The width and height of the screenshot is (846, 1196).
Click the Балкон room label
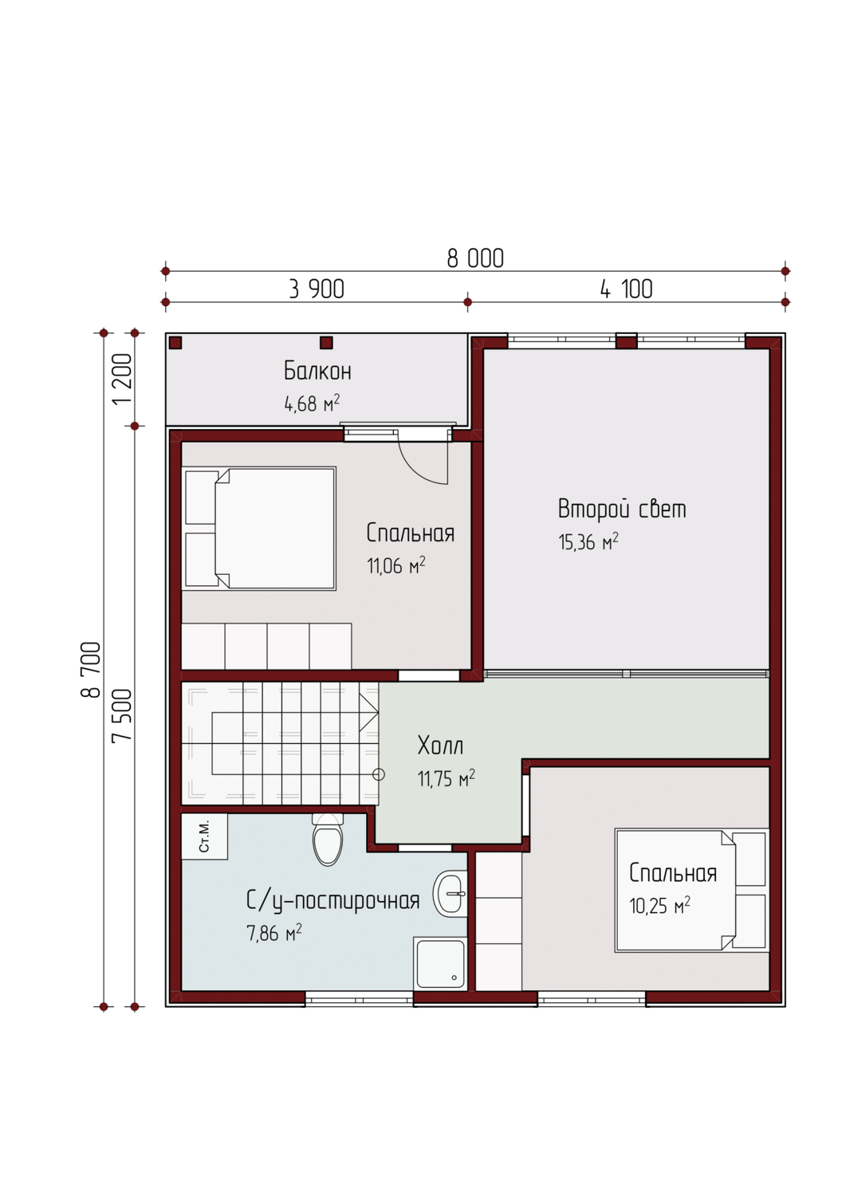coord(317,371)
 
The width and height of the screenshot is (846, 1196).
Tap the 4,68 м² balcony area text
coord(312,403)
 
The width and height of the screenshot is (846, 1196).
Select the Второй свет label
coord(622,509)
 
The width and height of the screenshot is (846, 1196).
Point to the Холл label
coord(440,746)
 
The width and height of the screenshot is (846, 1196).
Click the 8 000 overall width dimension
coord(475,258)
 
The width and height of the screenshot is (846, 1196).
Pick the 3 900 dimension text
coord(317,289)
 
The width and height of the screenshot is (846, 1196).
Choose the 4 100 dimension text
coord(627,289)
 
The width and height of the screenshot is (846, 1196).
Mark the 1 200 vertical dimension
coord(122,379)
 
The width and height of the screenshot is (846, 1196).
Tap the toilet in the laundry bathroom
coord(328,840)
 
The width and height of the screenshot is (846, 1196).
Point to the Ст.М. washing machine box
coord(205,836)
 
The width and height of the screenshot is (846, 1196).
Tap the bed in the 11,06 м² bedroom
coord(259,529)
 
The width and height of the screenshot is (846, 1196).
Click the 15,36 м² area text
coord(588,541)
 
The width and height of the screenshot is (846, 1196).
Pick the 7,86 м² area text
coord(274,934)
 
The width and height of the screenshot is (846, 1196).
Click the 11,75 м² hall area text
coord(446,779)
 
